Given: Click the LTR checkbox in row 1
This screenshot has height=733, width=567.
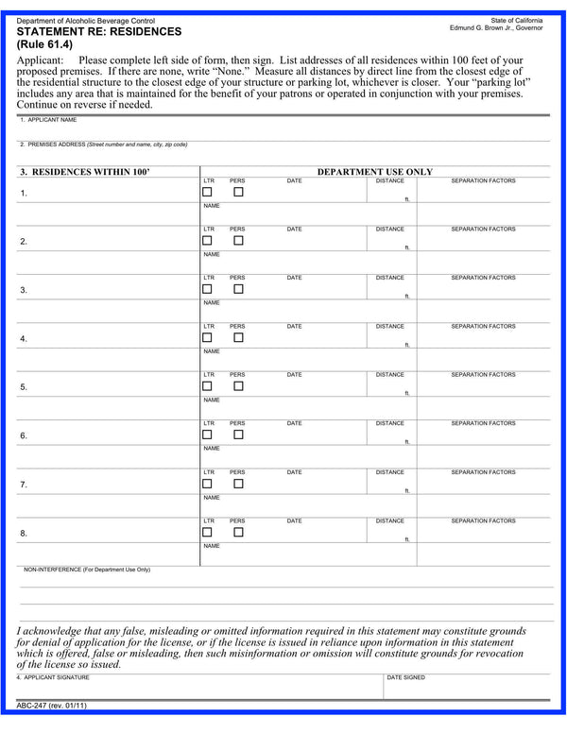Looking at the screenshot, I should [x=207, y=192].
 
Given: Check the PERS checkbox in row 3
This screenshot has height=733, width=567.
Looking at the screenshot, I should [x=238, y=289].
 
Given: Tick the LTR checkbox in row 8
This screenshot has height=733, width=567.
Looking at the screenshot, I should [x=207, y=532].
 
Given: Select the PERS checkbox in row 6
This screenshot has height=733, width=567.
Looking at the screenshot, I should [x=238, y=435].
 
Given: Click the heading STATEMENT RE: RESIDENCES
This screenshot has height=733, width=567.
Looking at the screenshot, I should [x=99, y=31].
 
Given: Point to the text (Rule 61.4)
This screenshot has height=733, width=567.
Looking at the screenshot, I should [x=44, y=43].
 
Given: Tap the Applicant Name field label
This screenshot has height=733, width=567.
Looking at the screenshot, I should [x=48, y=120].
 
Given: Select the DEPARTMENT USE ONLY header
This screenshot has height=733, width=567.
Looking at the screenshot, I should [x=374, y=172].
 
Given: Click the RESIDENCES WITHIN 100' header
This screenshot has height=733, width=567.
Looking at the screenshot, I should [x=85, y=172].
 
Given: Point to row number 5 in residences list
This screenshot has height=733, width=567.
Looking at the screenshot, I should [x=24, y=387].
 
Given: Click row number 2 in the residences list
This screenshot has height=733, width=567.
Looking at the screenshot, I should [x=24, y=242].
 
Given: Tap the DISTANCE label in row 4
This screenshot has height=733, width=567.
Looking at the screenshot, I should [x=389, y=326].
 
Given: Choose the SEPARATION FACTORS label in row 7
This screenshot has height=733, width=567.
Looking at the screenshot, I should [x=483, y=472].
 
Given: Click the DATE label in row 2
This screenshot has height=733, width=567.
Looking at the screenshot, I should [x=294, y=229].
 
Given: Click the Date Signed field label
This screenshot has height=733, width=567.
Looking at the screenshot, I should [x=406, y=677].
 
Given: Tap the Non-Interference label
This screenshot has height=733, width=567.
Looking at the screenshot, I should [x=87, y=570].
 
